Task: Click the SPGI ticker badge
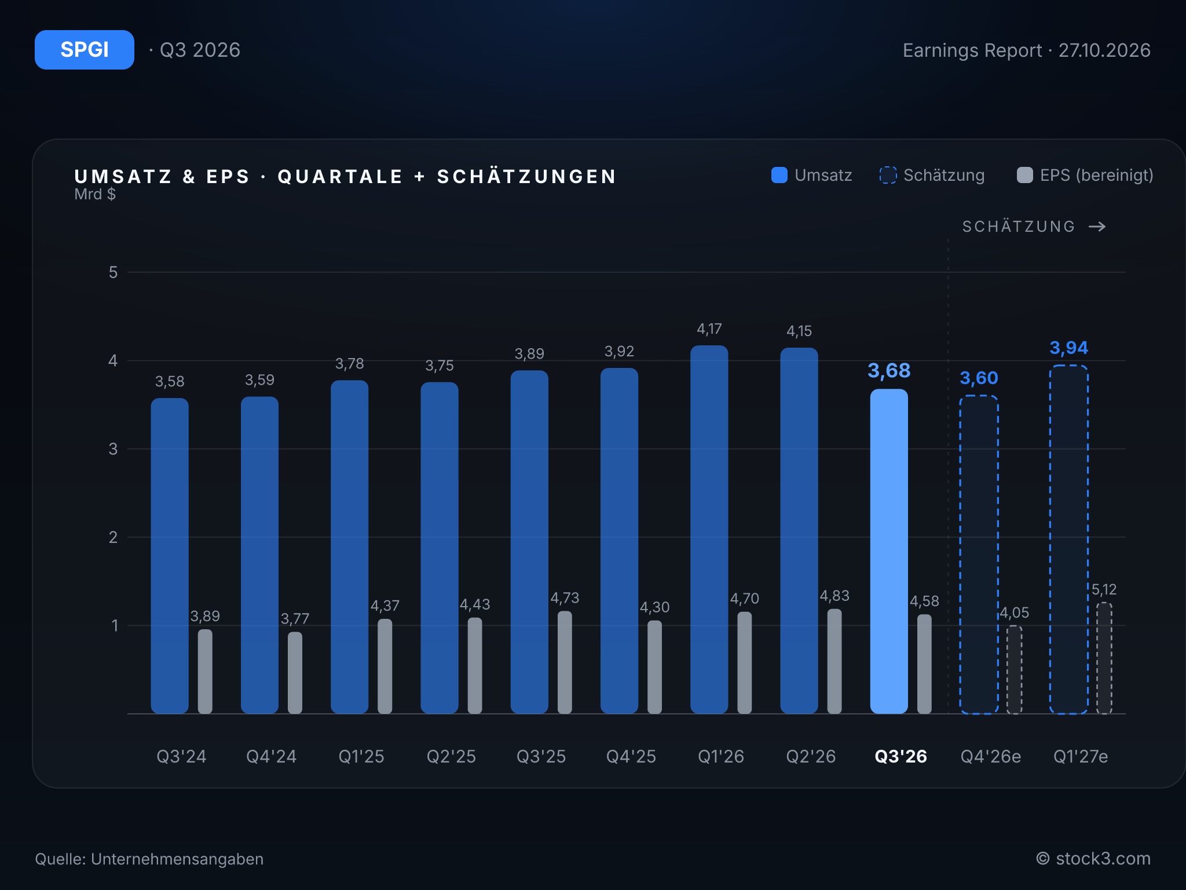click(85, 50)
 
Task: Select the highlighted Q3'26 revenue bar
click(889, 551)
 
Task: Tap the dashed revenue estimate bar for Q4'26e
click(979, 555)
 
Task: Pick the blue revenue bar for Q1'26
click(709, 530)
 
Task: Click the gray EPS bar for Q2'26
click(834, 661)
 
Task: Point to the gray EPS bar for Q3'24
click(205, 672)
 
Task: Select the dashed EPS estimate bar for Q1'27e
click(1104, 658)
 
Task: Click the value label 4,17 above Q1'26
click(709, 329)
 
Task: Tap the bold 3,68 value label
click(889, 370)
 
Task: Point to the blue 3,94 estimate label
click(1069, 348)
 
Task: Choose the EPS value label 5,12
click(1104, 590)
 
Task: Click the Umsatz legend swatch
click(779, 175)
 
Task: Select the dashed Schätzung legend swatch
click(888, 175)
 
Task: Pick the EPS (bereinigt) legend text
click(1097, 175)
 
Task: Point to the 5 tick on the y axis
click(114, 272)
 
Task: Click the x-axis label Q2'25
click(451, 756)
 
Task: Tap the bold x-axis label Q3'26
click(901, 756)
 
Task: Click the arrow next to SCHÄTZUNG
click(1097, 227)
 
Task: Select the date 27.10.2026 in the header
click(1104, 50)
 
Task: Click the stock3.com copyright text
click(1093, 859)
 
